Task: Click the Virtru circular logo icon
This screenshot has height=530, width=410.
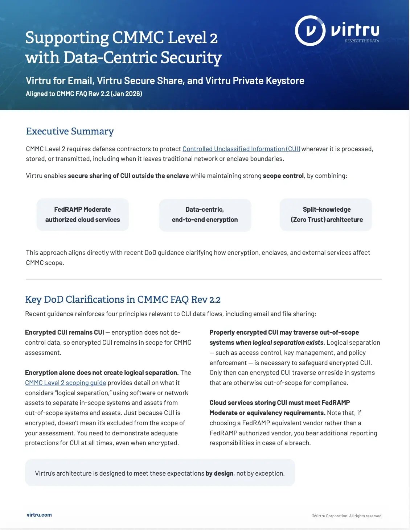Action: [310, 30]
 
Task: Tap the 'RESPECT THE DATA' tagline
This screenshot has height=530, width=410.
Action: [362, 41]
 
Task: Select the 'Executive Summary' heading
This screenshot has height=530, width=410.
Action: [70, 131]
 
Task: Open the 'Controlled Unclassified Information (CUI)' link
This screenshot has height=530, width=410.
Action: [241, 149]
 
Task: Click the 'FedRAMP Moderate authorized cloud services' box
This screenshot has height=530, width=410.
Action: [83, 215]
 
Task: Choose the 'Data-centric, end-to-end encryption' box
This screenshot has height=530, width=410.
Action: [205, 215]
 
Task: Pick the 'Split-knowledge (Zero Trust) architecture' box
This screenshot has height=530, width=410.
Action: [326, 215]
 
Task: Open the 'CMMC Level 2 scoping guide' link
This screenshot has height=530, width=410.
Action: [66, 383]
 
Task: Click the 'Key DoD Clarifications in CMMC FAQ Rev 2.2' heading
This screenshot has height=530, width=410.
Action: [123, 299]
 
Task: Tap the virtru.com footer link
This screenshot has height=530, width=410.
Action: [39, 515]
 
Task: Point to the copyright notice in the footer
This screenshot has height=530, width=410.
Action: [347, 516]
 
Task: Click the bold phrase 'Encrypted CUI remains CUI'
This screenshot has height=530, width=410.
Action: [65, 332]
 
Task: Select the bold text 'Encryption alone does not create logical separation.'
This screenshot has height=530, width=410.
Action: [102, 373]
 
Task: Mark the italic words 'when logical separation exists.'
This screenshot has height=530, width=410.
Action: [280, 343]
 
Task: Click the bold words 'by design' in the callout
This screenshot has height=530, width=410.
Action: [219, 473]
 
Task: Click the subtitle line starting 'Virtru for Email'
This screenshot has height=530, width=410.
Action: [165, 80]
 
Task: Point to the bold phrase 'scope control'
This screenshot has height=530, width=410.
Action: [283, 176]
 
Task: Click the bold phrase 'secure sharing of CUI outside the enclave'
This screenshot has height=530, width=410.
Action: [128, 176]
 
